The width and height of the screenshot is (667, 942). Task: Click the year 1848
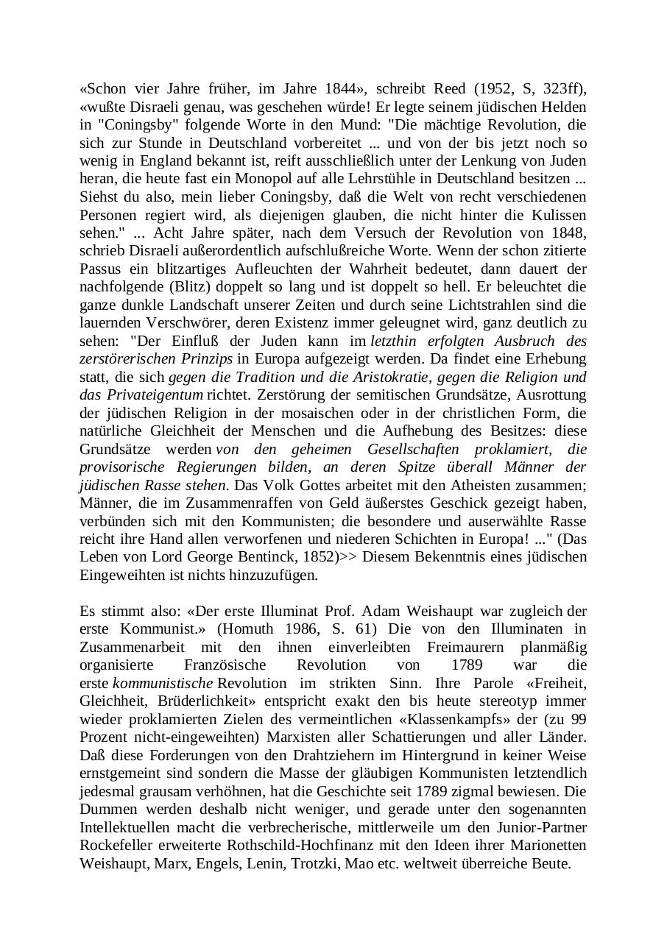point(569,233)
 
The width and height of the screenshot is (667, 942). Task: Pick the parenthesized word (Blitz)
point(194,286)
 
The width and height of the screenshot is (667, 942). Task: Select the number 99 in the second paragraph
point(578,719)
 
